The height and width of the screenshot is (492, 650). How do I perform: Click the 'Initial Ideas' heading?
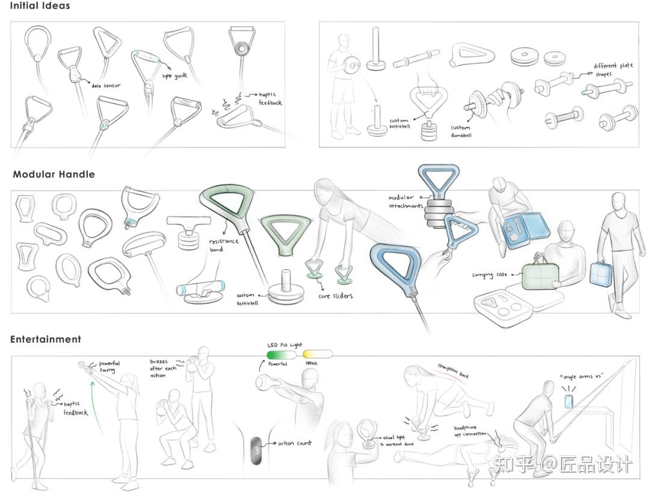pos(40,6)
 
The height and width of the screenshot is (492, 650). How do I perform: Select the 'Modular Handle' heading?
pos(54,175)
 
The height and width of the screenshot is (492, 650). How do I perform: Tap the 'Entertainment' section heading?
pos(46,340)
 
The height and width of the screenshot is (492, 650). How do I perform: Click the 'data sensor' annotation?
pos(106,86)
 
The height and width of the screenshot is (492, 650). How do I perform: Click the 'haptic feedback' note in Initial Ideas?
pos(270,99)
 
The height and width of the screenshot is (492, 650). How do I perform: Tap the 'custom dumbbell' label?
pos(460,131)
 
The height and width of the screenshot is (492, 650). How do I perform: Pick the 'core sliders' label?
pos(335,296)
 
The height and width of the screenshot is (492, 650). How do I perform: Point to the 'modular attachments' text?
pos(405,202)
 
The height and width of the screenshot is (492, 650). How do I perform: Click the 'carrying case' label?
pos(490,275)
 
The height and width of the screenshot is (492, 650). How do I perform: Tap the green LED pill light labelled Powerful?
pos(282,355)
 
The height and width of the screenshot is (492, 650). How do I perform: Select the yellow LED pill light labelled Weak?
pos(317,355)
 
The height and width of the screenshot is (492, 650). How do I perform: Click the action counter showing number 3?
pos(256,450)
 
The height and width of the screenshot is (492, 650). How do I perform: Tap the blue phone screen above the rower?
pos(569,401)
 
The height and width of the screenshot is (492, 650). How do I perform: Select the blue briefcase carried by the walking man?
pos(600,275)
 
